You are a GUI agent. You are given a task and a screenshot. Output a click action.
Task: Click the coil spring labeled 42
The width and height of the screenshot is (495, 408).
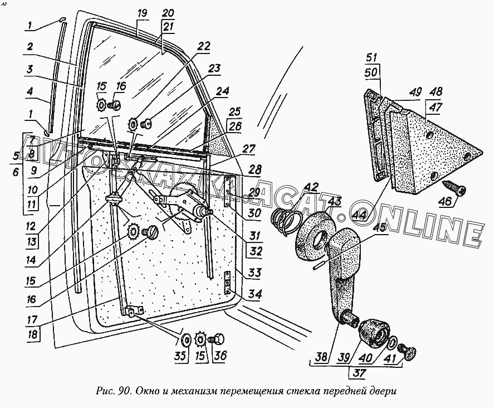[285, 218]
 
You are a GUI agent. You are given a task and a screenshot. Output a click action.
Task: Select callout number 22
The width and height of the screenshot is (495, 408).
[204, 47]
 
